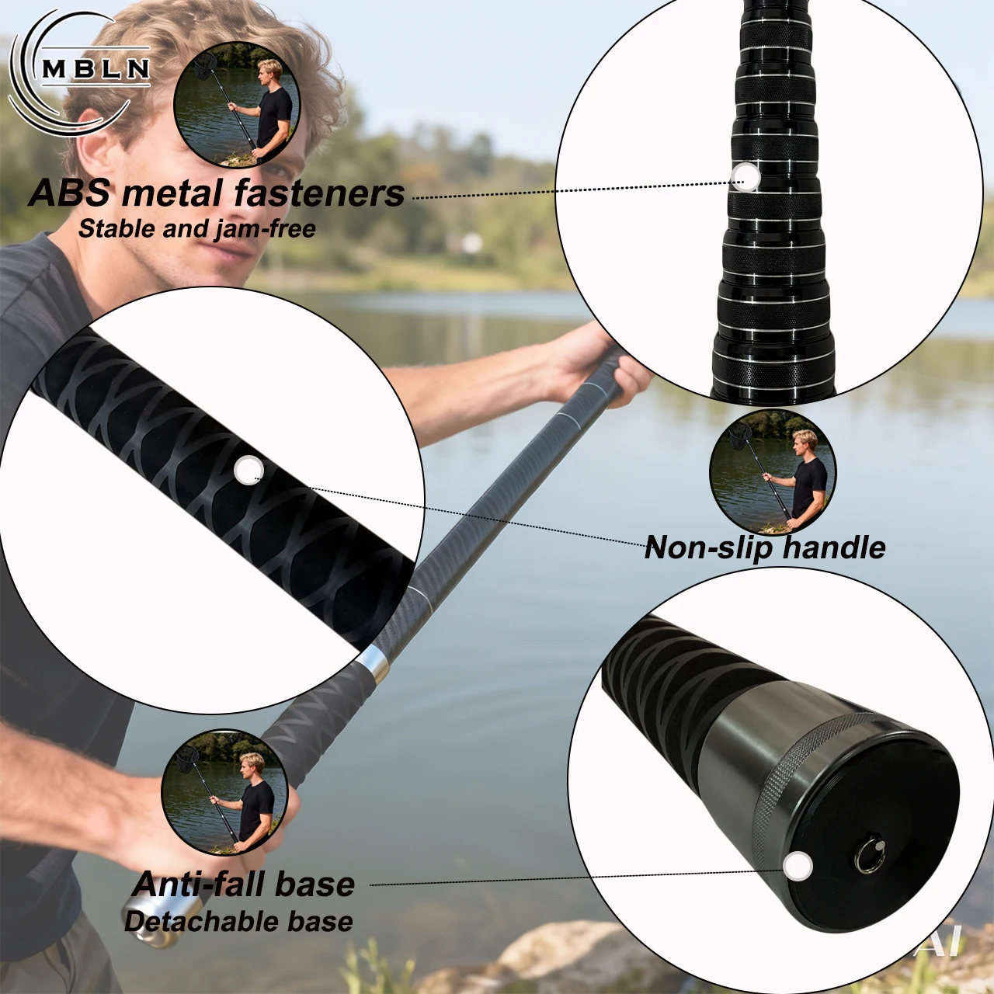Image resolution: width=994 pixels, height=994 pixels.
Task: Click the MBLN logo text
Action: (96, 69)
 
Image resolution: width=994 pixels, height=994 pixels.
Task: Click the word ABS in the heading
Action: (69, 193)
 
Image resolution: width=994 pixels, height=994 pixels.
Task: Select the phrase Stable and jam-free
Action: (197, 228)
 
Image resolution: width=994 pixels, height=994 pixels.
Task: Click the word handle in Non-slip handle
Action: (834, 547)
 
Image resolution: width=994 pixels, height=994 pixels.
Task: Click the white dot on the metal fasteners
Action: (745, 177)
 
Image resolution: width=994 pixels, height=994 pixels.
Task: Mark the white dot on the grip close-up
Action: (248, 470)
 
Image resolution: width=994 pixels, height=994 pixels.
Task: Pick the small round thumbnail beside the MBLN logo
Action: (238, 105)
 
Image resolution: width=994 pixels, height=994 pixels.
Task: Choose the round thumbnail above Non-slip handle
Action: (772, 472)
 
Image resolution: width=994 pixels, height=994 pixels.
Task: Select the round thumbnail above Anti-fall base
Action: (224, 792)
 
